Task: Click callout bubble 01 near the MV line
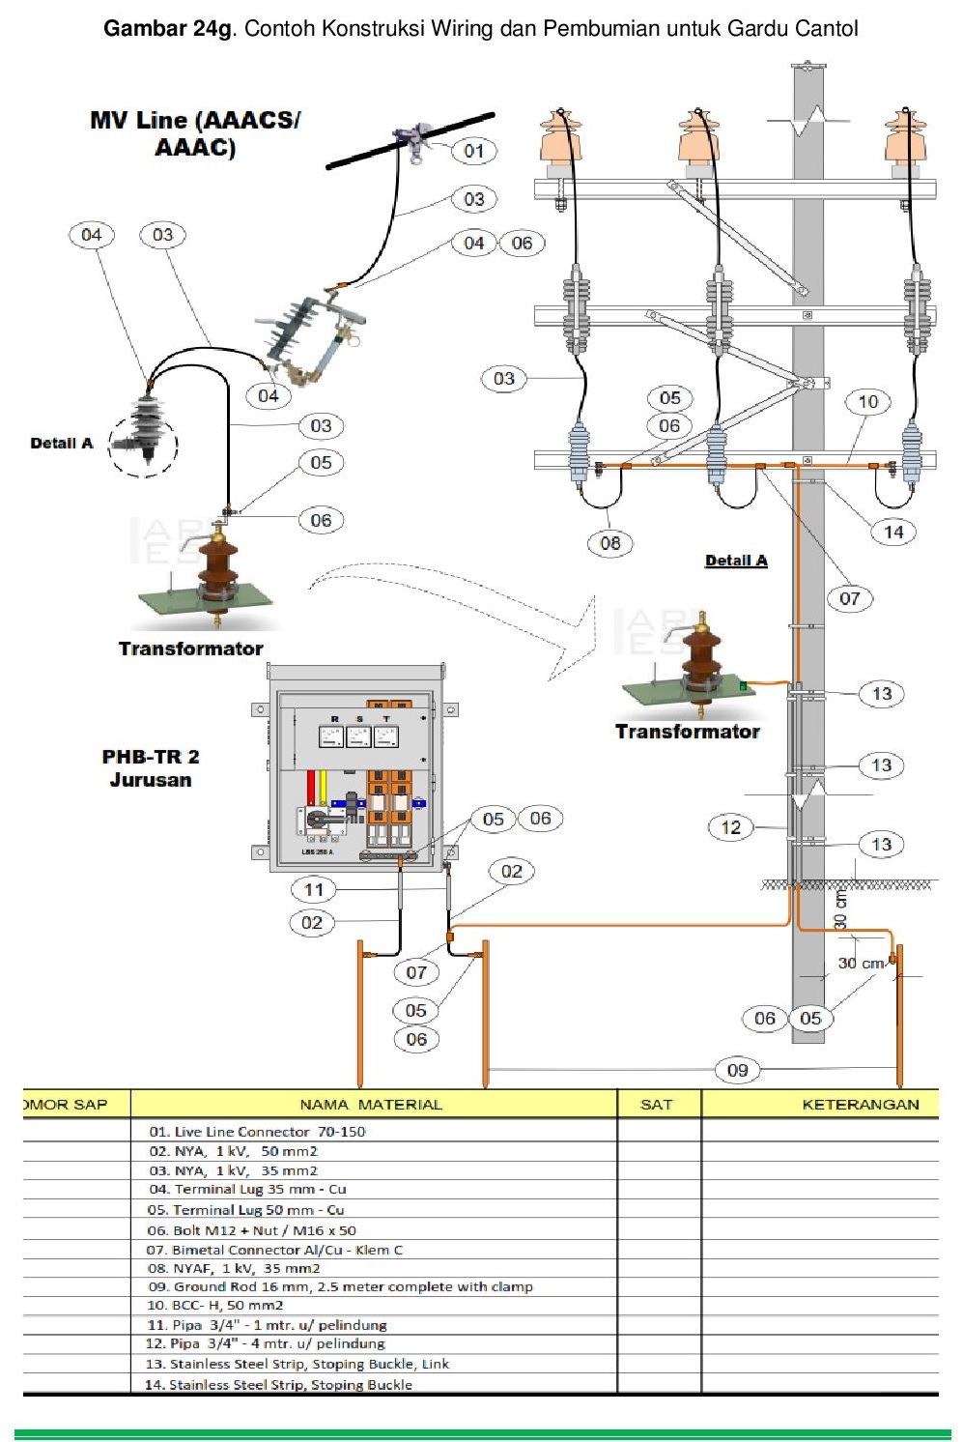473,151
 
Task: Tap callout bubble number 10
867,402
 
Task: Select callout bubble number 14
893,532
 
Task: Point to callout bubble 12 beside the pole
731,827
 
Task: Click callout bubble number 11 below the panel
314,890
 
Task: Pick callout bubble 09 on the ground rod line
737,1070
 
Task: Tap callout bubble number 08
609,543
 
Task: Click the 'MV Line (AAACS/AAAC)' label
195,133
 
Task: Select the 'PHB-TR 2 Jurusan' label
151,768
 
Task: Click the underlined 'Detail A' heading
736,561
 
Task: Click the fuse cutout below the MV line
309,338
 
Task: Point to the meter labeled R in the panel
331,735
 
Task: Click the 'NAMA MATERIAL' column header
371,1104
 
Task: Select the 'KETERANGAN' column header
860,1104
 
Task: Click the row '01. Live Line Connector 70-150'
257,1132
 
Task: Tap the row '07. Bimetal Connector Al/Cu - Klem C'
274,1250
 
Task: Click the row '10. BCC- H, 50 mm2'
214,1305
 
